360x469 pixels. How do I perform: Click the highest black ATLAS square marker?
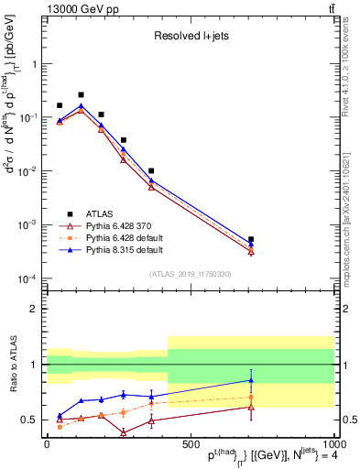point(81,94)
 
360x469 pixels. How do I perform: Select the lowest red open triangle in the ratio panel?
point(123,432)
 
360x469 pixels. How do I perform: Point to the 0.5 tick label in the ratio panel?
point(32,420)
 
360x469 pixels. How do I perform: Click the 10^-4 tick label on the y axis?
point(30,278)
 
